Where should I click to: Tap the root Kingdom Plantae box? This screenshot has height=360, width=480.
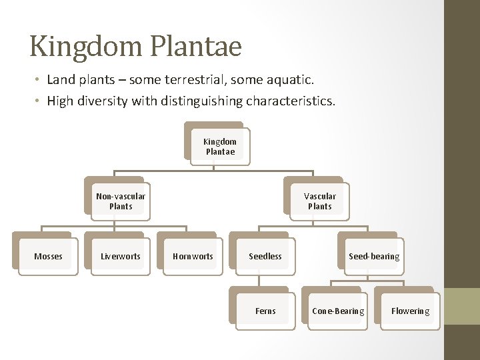point(220,147)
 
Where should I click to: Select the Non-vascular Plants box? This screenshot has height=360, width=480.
point(121,201)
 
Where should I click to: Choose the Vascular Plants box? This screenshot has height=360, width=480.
point(320,201)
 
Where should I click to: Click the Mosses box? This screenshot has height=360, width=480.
point(48,257)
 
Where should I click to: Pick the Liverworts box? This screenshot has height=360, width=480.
point(121,257)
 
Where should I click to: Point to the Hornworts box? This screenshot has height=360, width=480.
point(193,257)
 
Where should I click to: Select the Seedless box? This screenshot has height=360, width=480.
point(265,257)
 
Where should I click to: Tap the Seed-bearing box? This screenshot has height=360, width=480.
point(374,257)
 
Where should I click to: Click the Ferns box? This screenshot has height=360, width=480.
point(265,311)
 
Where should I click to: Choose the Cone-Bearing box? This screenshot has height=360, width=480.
point(338,311)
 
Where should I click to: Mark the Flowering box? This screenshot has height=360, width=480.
point(410,311)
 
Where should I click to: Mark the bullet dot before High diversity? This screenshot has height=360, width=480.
point(38,102)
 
